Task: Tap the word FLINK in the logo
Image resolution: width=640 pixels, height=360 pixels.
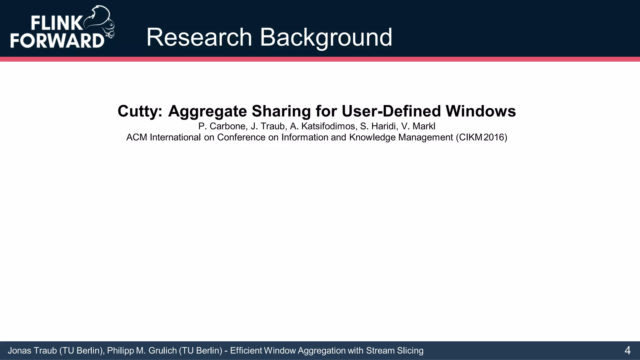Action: pos(56,23)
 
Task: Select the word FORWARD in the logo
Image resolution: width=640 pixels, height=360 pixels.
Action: pos(57,40)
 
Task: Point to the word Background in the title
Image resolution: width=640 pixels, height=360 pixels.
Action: pos(326,37)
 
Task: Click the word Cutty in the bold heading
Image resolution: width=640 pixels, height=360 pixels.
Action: pos(139,111)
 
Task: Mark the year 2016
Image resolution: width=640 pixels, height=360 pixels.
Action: pos(494,137)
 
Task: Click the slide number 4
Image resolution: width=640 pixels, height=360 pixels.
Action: pos(627,351)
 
